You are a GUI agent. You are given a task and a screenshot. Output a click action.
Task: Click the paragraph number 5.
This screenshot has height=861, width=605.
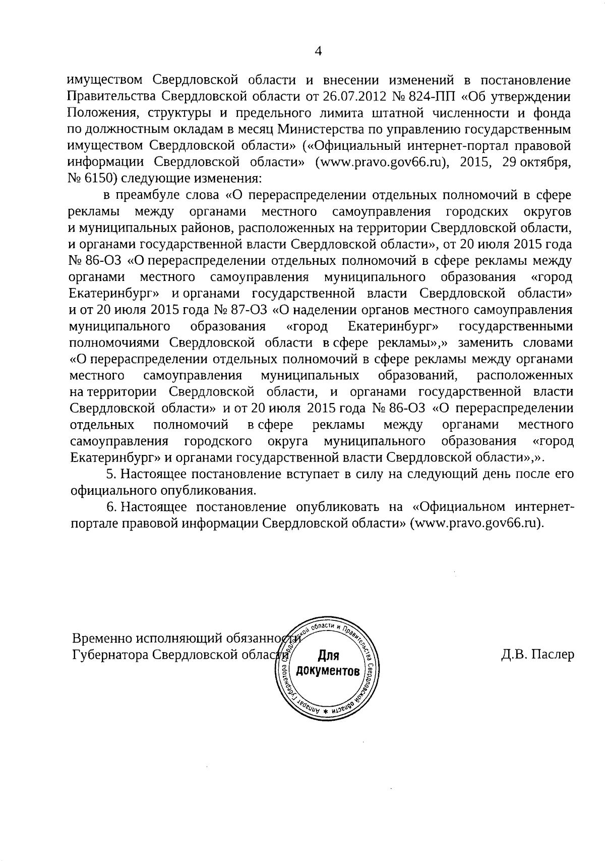coord(109,475)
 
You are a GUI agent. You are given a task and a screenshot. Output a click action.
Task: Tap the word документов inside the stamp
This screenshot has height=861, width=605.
coord(328,672)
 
